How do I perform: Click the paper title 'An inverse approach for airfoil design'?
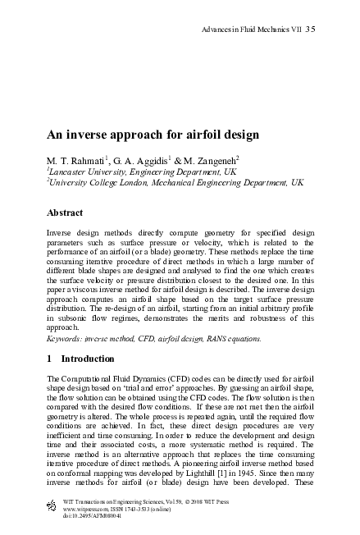pyautogui.click(x=153, y=133)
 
